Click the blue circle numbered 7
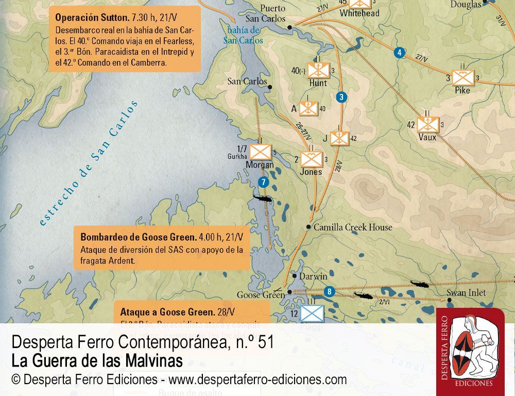tap(263, 182)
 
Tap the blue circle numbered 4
tap(399, 52)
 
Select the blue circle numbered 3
tap(340, 97)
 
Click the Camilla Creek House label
tap(353, 227)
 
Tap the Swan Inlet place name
tap(466, 293)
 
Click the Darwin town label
tap(313, 276)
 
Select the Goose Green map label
tap(261, 295)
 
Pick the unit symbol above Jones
tap(312, 159)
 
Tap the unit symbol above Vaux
tap(427, 124)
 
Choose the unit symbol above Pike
tap(462, 78)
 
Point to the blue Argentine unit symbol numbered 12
tap(312, 312)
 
